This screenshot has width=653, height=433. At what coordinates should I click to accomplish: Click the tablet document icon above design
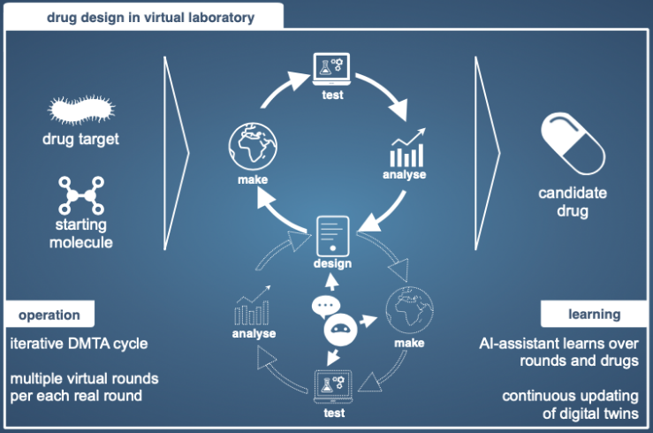pos(332,236)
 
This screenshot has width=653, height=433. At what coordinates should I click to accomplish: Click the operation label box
pos(49,315)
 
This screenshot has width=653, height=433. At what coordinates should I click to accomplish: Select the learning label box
pos(593,315)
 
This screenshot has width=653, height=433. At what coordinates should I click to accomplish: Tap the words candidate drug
pos(573,203)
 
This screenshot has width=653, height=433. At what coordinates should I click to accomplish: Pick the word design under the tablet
pos(332,263)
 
